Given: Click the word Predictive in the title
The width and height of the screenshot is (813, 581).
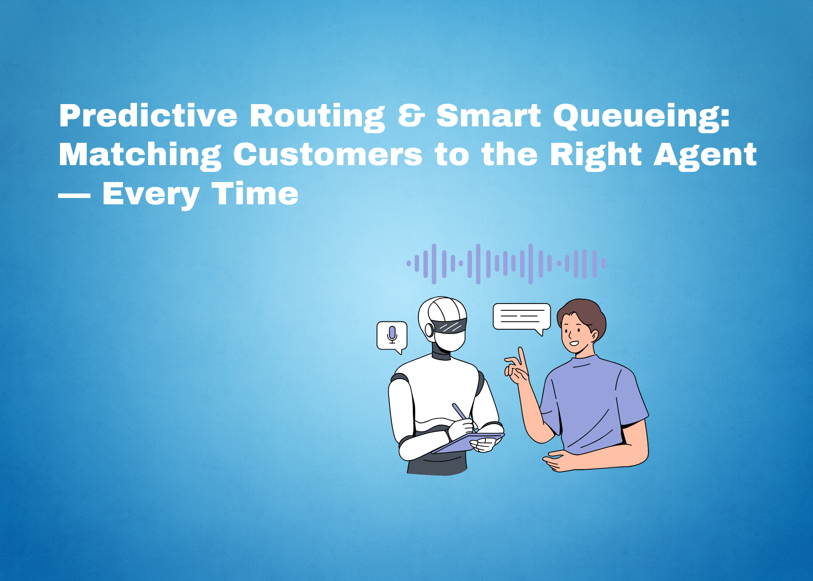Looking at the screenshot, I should (148, 116).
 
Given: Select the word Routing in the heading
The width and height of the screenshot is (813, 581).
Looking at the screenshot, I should (317, 116).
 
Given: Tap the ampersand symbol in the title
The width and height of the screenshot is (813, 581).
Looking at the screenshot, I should (411, 116).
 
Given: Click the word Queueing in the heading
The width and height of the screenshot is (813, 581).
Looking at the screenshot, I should (641, 116).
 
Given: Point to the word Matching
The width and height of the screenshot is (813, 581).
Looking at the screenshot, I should (140, 155).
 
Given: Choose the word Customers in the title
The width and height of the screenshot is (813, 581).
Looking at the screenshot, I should (328, 155).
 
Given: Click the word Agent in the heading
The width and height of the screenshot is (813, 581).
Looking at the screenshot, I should (705, 155).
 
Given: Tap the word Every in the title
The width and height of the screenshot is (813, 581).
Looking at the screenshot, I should (151, 195).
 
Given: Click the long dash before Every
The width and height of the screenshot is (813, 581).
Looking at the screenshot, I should (74, 195).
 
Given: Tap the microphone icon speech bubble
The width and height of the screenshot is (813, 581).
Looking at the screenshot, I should (392, 336).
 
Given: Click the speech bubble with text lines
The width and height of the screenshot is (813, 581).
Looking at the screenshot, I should (521, 317).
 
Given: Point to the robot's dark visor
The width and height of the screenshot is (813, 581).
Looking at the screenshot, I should (450, 326).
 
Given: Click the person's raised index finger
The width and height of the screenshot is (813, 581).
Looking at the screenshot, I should (522, 357).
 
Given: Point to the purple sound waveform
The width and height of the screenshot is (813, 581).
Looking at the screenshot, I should (506, 264).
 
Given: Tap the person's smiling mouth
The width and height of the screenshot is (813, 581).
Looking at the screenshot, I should (574, 343).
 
